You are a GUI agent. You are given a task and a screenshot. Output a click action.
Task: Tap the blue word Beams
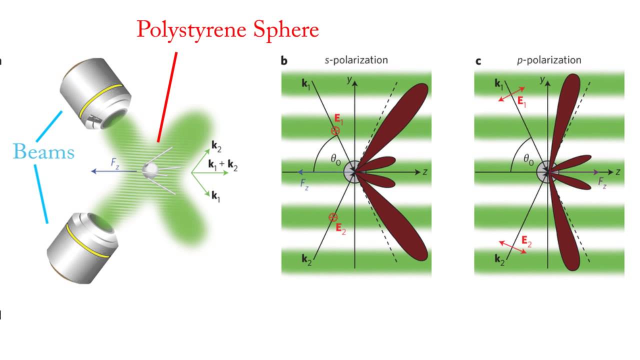point(44,150)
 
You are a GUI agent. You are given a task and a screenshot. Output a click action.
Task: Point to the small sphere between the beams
point(149,170)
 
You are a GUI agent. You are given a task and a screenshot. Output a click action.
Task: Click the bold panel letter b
point(284,61)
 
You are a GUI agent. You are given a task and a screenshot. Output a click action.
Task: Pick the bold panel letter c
point(478,61)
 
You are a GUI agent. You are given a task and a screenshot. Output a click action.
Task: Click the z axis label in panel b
point(424,171)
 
